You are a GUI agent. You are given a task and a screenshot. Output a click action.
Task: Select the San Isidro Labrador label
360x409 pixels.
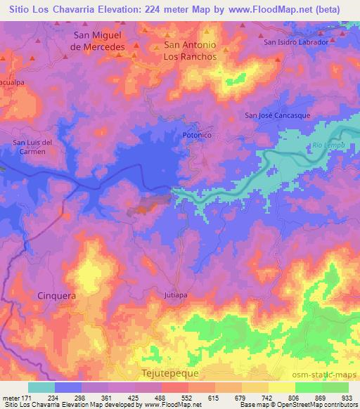[296, 41]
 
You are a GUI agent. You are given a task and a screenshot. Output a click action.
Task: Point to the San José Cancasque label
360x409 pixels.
[277, 115]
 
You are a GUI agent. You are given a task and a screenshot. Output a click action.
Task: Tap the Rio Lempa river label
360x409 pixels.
[324, 146]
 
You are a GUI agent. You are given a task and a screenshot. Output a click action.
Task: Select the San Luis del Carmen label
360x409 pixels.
[34, 147]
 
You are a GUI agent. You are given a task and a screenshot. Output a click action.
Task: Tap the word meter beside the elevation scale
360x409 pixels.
[11, 397]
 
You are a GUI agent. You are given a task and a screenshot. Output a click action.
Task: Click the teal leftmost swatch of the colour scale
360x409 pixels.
[41, 387]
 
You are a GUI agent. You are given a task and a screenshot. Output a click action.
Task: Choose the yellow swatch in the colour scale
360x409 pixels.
[281, 387]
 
